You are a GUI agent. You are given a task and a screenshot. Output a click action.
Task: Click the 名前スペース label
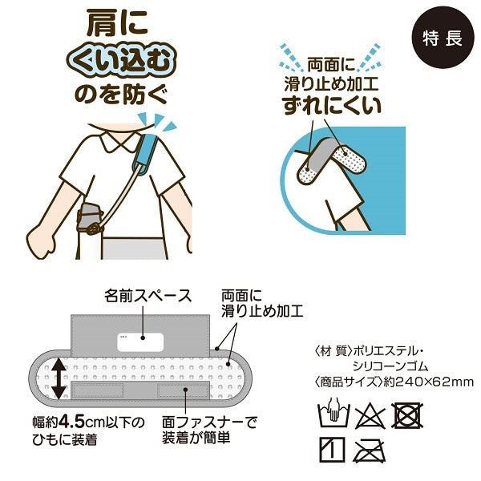[148, 296]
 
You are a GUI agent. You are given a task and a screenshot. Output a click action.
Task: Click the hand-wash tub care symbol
[334, 415]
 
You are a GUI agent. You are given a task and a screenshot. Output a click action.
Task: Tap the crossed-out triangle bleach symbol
[370, 415]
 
